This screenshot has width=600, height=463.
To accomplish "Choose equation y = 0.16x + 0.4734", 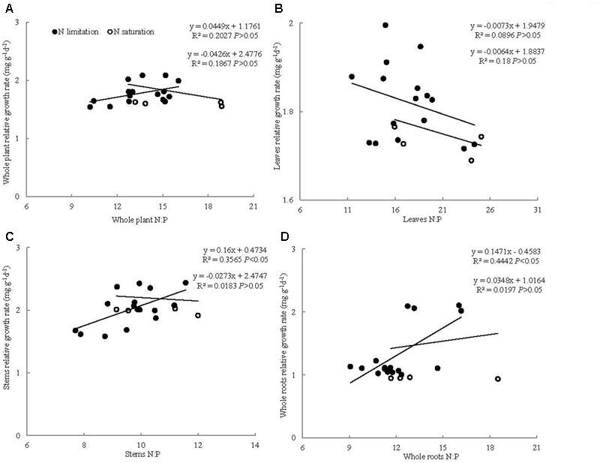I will pyautogui.click(x=225, y=250).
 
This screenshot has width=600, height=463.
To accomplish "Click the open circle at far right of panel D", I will pyautogui.click(x=497, y=379).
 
